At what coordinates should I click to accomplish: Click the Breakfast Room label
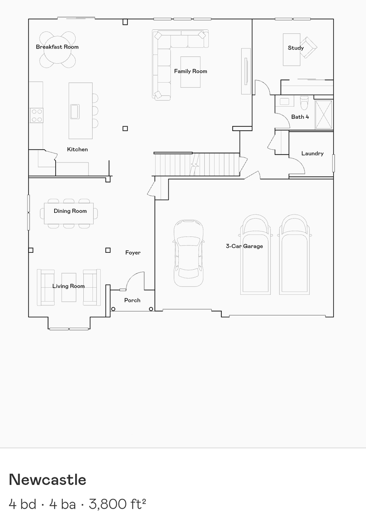[57, 47]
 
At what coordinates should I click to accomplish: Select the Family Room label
[190, 71]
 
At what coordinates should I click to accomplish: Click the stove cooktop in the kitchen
[37, 115]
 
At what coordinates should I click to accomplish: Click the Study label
[296, 48]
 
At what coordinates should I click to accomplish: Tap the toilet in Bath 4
[304, 102]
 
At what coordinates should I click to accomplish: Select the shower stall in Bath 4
[324, 114]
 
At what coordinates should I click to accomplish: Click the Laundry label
[312, 153]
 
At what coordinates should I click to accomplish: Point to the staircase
[196, 164]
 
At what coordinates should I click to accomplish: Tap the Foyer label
[133, 253]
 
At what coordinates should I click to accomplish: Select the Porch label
[132, 300]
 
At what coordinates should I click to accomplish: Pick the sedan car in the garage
[188, 253]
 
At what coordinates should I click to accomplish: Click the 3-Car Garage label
[244, 246]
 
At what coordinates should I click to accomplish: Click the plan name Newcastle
[48, 480]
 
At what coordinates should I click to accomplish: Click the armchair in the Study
[308, 47]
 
